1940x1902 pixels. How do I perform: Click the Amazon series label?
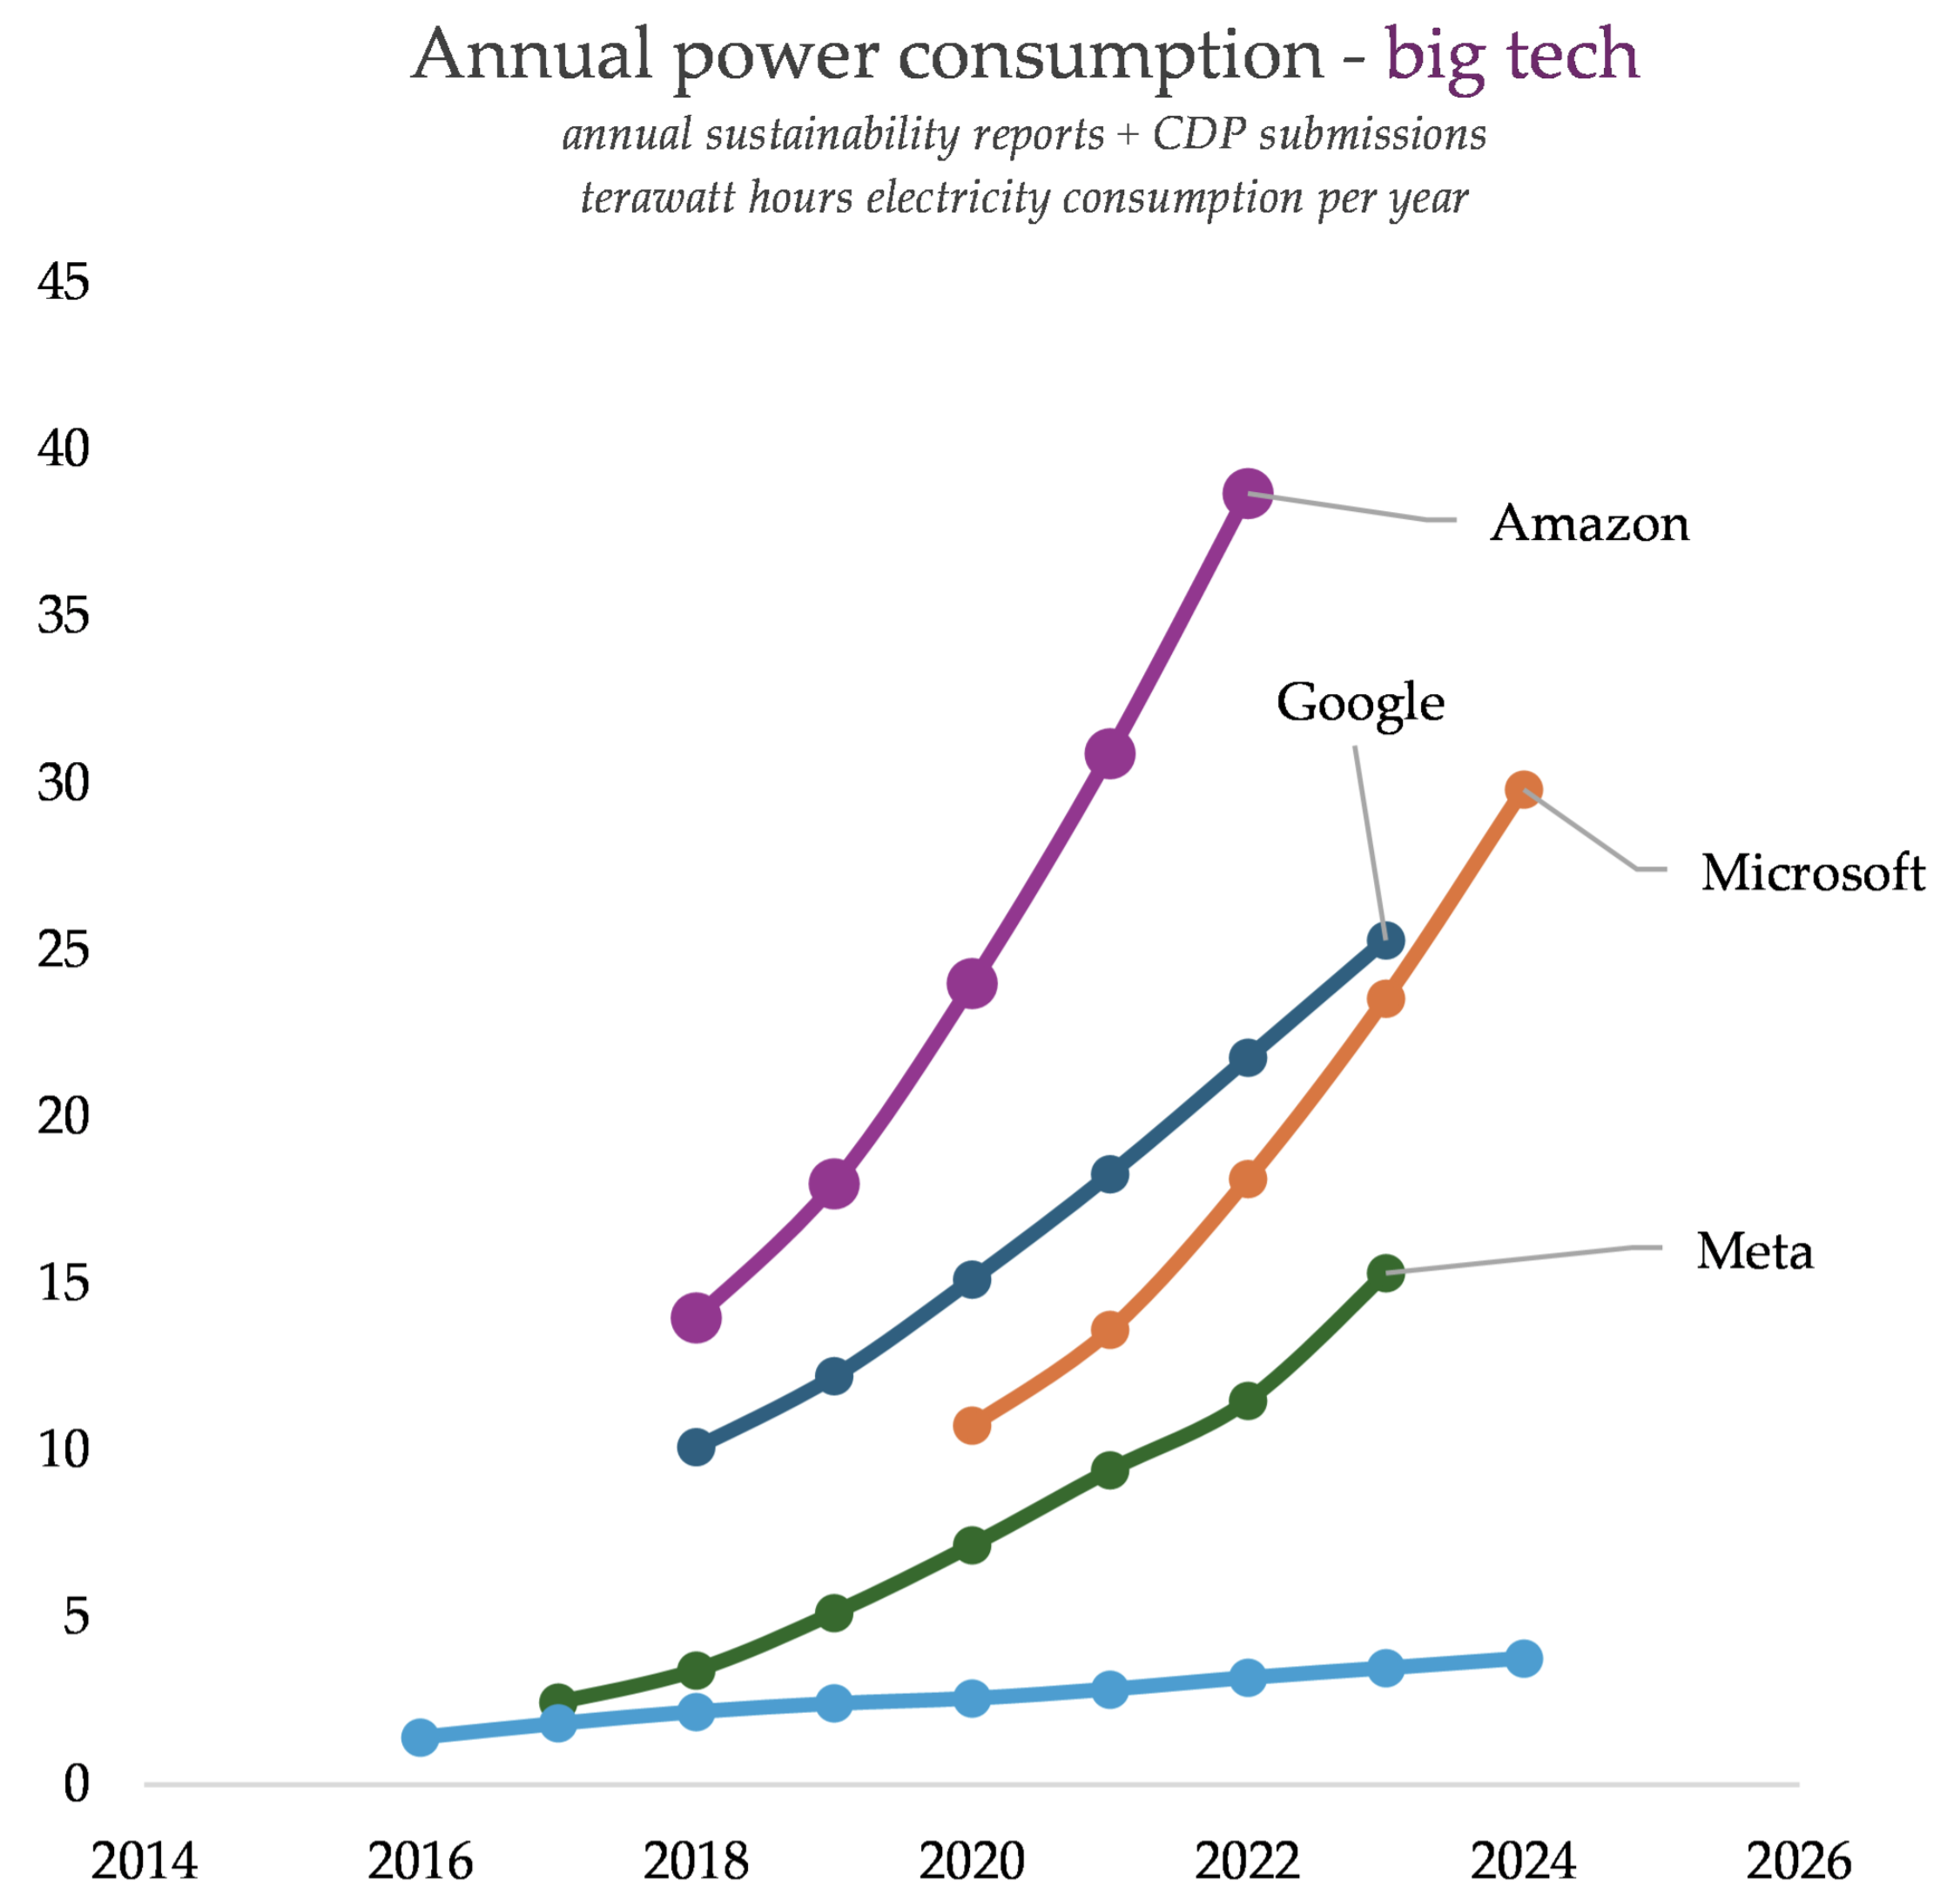pyautogui.click(x=1589, y=523)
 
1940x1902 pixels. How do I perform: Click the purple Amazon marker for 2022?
pyautogui.click(x=1248, y=493)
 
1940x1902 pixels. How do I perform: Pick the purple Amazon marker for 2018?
pyautogui.click(x=697, y=1318)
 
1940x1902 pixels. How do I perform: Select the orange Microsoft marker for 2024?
pyautogui.click(x=1522, y=790)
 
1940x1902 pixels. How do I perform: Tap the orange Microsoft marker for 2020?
pyautogui.click(x=972, y=1426)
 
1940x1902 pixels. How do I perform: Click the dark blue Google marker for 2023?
pyautogui.click(x=1385, y=940)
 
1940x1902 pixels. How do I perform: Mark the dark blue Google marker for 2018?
pyautogui.click(x=697, y=1447)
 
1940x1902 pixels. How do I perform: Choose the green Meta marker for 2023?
pyautogui.click(x=1385, y=1272)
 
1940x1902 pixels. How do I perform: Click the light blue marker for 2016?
pyautogui.click(x=421, y=1737)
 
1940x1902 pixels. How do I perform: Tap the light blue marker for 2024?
pyautogui.click(x=1522, y=1659)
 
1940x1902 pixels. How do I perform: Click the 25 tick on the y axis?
pyautogui.click(x=63, y=949)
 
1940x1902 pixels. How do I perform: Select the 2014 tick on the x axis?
pyautogui.click(x=144, y=1861)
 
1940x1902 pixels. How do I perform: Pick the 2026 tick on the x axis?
pyautogui.click(x=1798, y=1861)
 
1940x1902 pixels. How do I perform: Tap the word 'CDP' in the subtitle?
pyautogui.click(x=1199, y=134)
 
